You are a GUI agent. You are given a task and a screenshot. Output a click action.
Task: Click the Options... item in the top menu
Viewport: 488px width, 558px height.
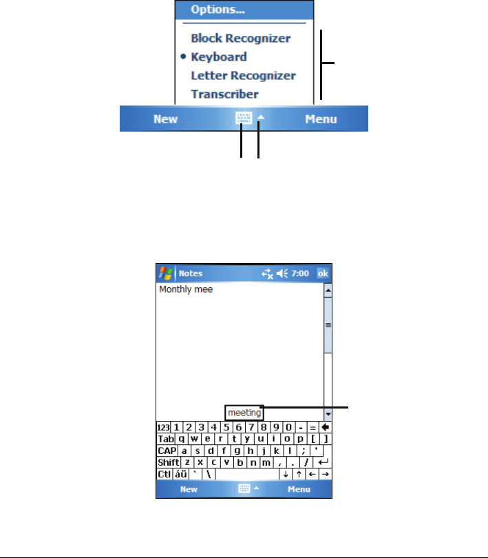pos(218,10)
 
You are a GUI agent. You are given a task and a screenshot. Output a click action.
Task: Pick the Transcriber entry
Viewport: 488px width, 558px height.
pos(224,94)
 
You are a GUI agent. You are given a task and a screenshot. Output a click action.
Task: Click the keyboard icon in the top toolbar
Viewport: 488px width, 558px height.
pos(244,118)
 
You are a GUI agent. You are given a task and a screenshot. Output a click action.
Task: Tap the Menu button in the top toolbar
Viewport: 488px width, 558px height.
pos(321,119)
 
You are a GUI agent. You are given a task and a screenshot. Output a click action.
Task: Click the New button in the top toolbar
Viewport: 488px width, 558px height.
pos(165,119)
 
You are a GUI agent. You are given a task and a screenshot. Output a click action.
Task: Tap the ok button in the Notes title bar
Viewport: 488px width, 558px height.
pos(323,273)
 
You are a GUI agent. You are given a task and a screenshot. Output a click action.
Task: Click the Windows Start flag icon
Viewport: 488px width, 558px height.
pos(165,273)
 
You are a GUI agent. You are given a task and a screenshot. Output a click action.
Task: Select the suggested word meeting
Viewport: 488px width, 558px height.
pos(244,413)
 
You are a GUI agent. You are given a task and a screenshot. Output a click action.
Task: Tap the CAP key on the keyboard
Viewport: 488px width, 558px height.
pos(166,450)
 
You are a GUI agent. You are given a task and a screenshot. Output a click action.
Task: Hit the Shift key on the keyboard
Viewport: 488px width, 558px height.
pos(169,462)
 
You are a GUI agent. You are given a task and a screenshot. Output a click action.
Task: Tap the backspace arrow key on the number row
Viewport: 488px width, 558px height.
pos(326,426)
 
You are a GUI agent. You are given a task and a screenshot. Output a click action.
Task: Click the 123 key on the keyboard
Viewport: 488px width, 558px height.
pos(164,426)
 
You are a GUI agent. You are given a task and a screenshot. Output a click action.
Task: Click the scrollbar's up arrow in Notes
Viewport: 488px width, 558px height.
pos(328,291)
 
